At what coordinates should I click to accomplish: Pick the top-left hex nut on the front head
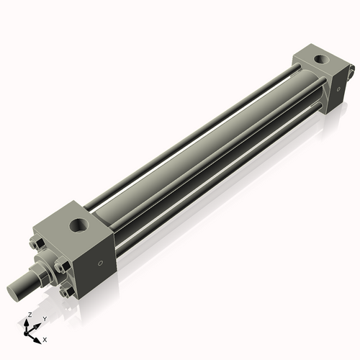[36, 243]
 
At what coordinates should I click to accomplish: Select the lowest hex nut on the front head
[66, 292]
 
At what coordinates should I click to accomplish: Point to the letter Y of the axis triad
[45, 318]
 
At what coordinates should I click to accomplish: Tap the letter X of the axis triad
[45, 338]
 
